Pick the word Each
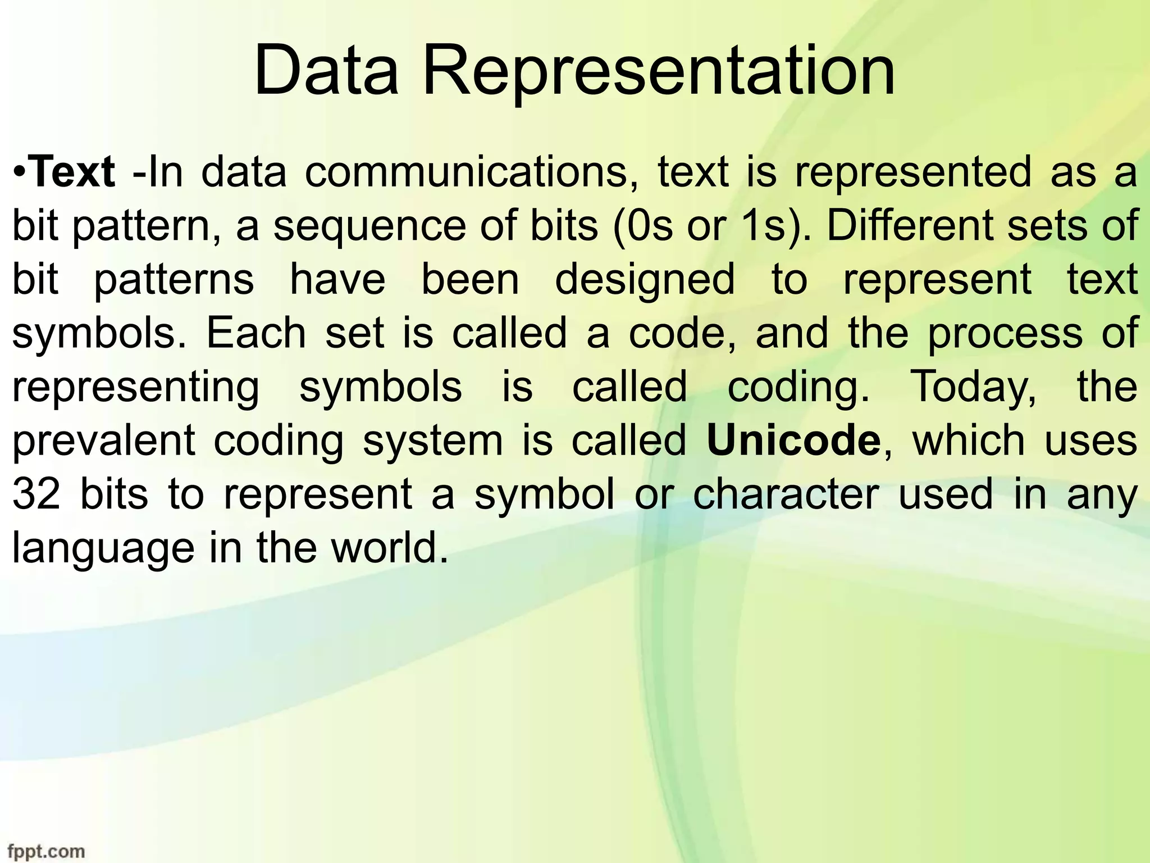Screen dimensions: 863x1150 point(257,333)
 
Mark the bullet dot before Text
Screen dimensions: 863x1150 point(20,172)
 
